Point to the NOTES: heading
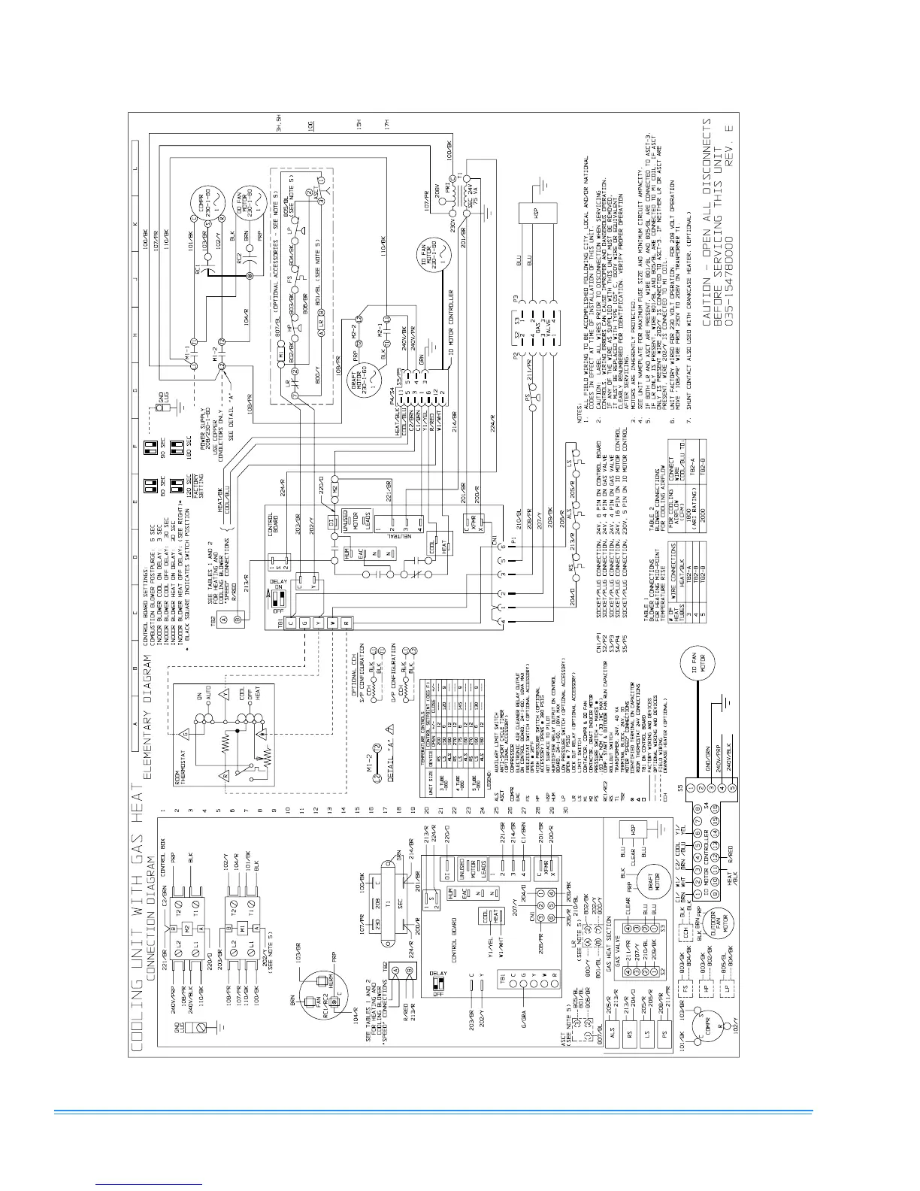tap(580, 413)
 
